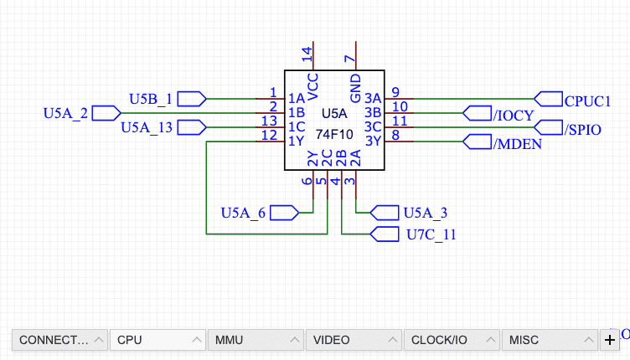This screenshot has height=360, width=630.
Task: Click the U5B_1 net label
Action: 151,99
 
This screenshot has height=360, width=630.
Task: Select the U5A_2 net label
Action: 65,113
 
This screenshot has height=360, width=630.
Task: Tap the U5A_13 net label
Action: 147,127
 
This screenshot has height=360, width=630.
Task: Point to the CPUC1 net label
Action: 587,100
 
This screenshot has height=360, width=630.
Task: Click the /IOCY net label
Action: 514,115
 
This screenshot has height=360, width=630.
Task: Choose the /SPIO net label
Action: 583,129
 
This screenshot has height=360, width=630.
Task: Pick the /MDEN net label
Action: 518,143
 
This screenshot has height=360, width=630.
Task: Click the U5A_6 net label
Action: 243,213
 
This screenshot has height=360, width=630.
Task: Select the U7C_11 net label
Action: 431,234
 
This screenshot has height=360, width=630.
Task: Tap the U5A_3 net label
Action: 425,213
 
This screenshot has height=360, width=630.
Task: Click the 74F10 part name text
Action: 333,134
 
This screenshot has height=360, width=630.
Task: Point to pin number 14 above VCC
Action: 307,55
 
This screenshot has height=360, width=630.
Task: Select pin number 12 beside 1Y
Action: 269,135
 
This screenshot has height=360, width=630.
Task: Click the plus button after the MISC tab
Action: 610,340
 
